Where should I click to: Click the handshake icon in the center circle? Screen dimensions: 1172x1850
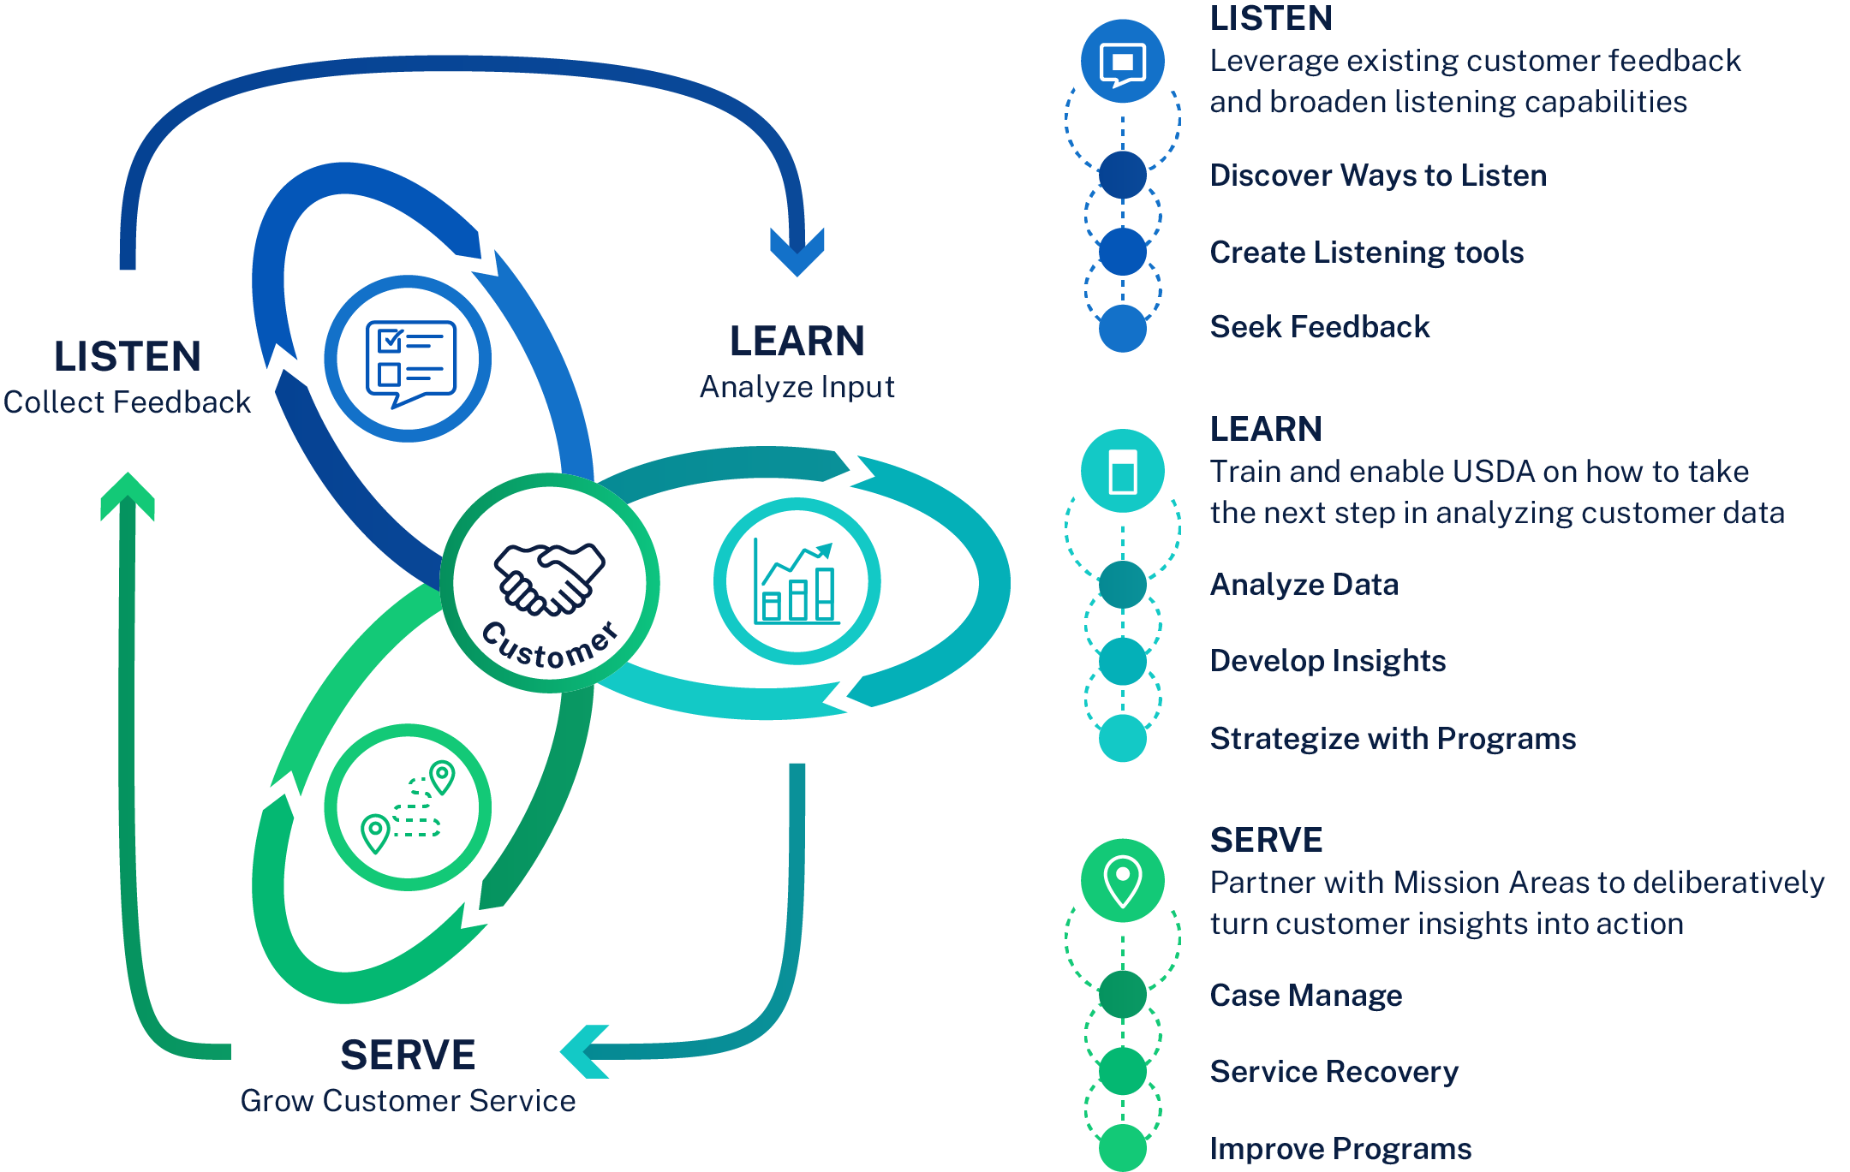click(549, 579)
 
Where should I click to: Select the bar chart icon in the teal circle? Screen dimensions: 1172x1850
click(797, 581)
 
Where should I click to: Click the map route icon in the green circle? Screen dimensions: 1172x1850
click(409, 807)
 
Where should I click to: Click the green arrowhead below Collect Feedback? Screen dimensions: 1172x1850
click(128, 496)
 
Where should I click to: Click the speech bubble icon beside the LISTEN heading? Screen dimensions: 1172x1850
click(1122, 62)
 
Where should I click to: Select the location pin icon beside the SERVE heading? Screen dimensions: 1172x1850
click(1122, 881)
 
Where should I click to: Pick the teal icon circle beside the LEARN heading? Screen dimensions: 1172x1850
click(1122, 471)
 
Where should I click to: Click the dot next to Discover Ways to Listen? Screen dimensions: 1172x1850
click(1122, 175)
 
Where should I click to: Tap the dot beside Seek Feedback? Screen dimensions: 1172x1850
click(1122, 328)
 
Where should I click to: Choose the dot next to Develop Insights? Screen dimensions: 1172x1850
click(1122, 661)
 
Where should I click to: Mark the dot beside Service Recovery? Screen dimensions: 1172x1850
click(1122, 1071)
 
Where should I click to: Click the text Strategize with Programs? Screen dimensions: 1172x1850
click(1393, 738)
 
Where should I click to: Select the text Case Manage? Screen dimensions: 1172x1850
click(1305, 995)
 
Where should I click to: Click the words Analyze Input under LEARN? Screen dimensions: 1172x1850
click(797, 387)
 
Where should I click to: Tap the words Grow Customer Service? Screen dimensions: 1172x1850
click(408, 1101)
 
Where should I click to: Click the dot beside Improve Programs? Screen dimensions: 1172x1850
click(1122, 1148)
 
